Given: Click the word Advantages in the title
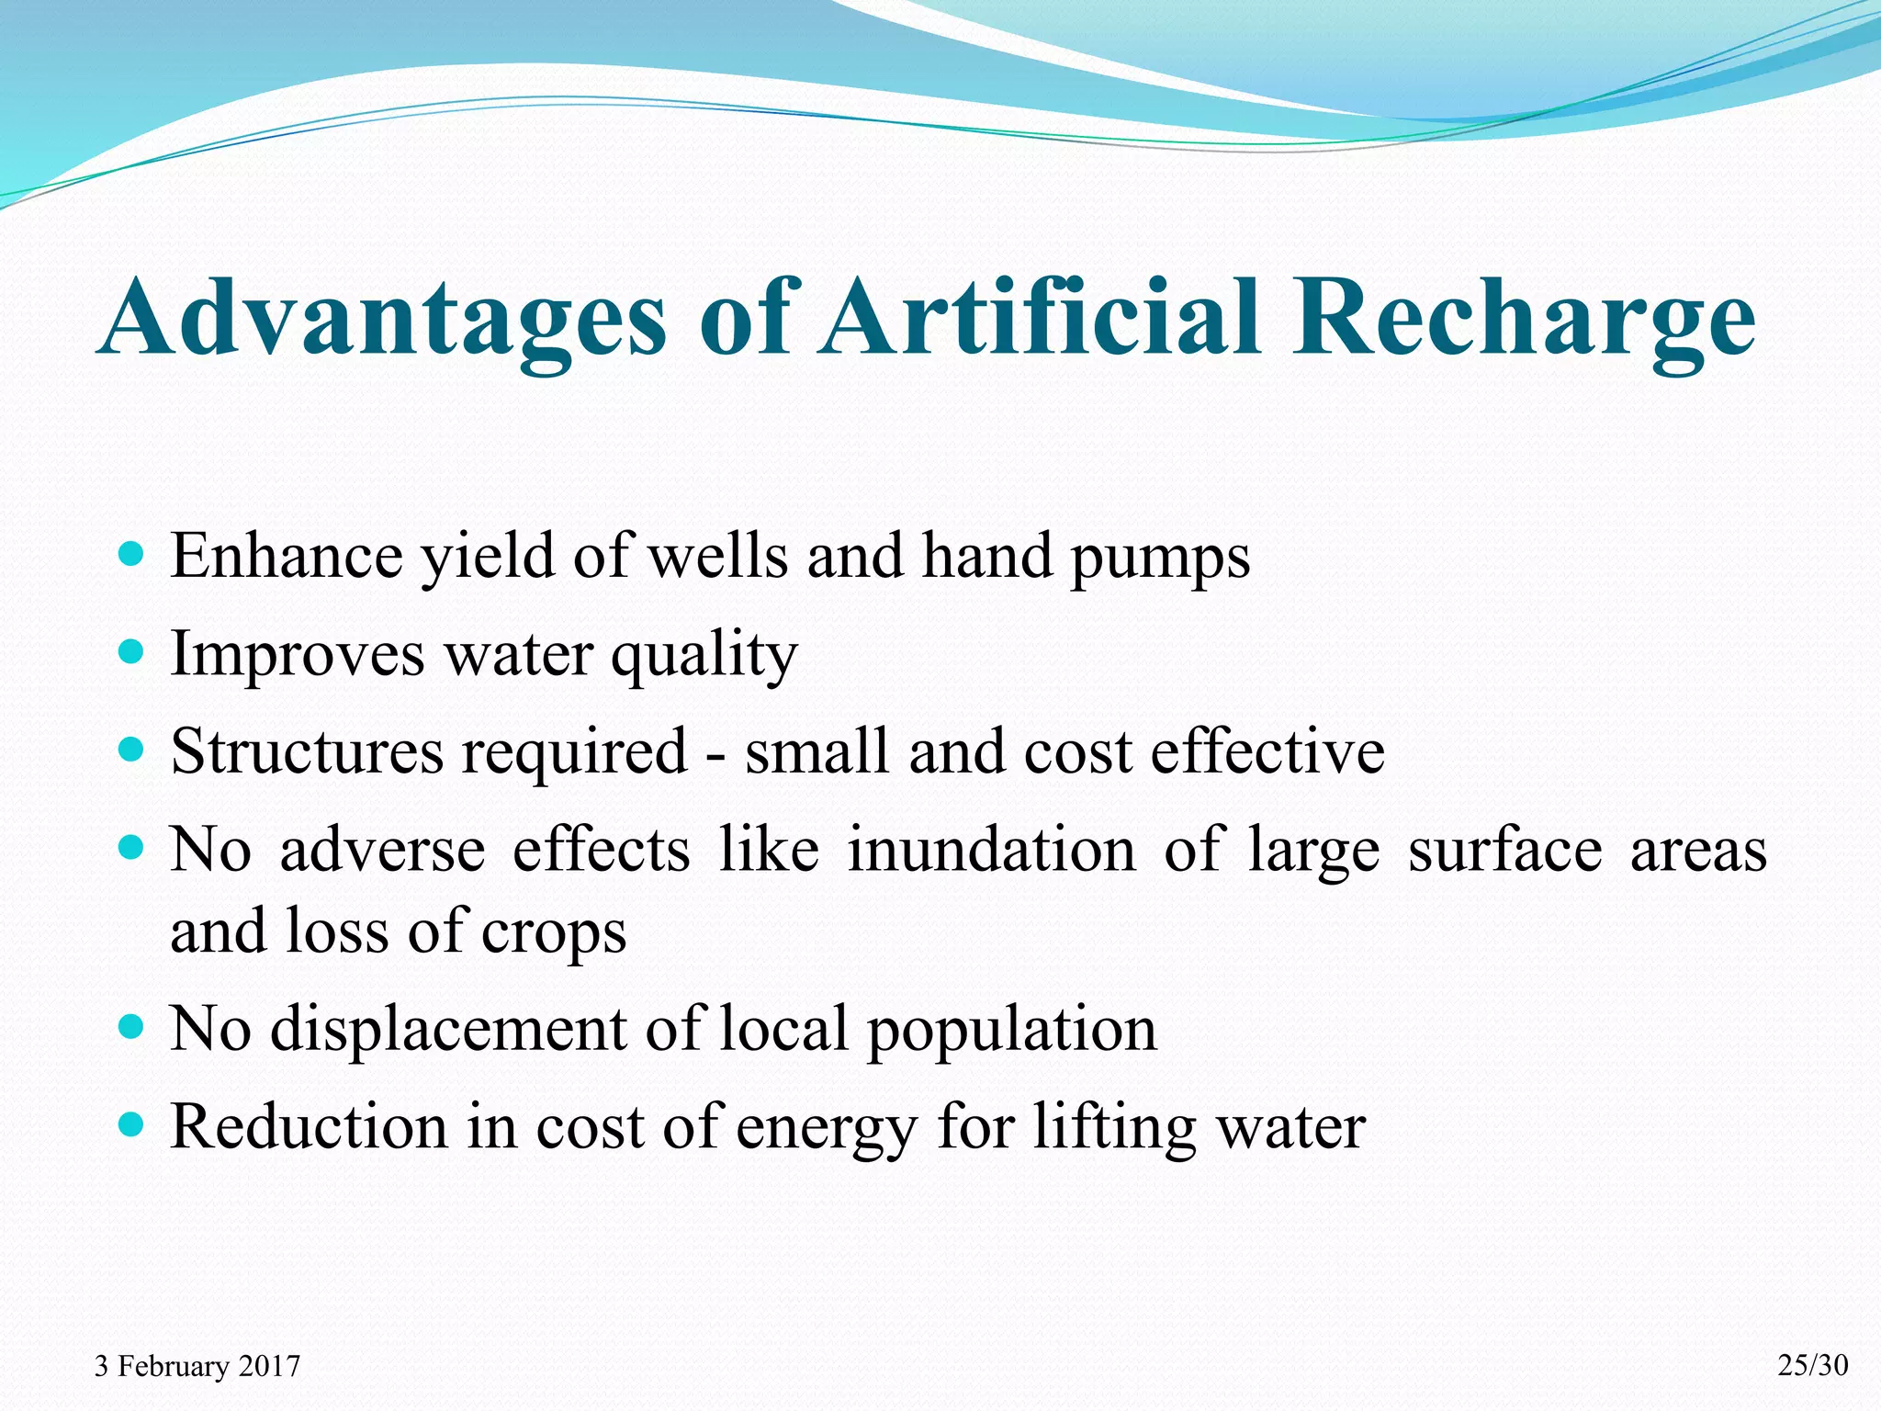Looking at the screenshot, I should tap(384, 318).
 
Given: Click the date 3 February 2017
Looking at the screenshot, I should tap(197, 1366).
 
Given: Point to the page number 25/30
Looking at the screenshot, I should tap(1813, 1365).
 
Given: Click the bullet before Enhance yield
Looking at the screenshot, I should tap(132, 555).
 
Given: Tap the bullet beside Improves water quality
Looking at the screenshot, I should tap(132, 653).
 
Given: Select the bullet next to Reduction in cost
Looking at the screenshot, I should tap(132, 1124).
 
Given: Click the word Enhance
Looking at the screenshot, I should tap(287, 557).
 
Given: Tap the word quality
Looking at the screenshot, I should tap(704, 656).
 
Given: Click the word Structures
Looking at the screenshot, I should tap(307, 752).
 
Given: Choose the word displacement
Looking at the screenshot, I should tap(448, 1029).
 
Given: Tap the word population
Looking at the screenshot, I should tap(1012, 1031).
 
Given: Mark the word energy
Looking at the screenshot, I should tap(827, 1129).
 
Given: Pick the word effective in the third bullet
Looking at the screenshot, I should tap(1267, 752).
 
